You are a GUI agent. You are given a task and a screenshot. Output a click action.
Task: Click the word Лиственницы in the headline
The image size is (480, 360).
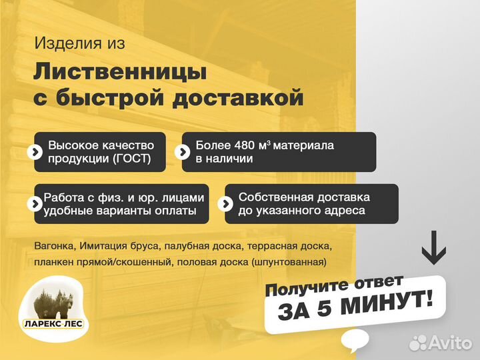120,71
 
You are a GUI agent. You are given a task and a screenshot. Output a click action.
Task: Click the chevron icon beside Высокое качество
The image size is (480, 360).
34,152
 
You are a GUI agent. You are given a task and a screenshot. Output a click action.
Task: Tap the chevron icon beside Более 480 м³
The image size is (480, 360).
182,152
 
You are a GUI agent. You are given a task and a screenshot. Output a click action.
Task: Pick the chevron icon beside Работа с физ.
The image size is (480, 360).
34,204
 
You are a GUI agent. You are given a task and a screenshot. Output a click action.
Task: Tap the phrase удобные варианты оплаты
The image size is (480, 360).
120,211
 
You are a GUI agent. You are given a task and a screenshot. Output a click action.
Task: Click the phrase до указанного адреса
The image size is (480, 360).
301,211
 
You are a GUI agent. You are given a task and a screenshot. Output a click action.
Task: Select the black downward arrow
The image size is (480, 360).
434,247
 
